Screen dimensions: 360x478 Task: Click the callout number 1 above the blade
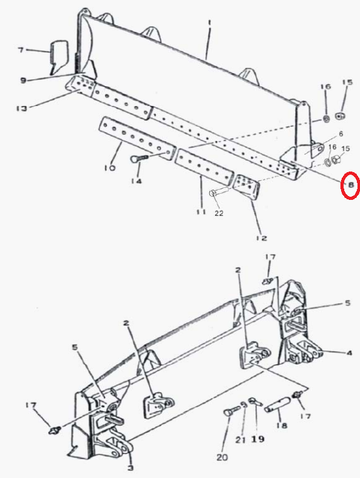(209, 23)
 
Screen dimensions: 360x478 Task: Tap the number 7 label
(21, 49)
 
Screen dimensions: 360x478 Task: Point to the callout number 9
(23, 81)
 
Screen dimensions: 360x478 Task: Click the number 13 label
(21, 108)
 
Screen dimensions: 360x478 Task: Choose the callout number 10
(110, 167)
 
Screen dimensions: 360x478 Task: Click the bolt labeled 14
(139, 158)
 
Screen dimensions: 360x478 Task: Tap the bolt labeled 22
(219, 193)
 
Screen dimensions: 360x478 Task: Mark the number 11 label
(201, 211)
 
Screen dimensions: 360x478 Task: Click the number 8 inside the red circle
(351, 185)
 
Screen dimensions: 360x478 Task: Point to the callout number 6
(341, 134)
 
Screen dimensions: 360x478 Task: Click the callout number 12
(262, 238)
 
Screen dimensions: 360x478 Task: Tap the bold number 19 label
(258, 439)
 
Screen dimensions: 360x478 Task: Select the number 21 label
(240, 440)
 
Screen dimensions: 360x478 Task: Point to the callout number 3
(130, 468)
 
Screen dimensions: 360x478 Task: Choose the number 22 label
(219, 213)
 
